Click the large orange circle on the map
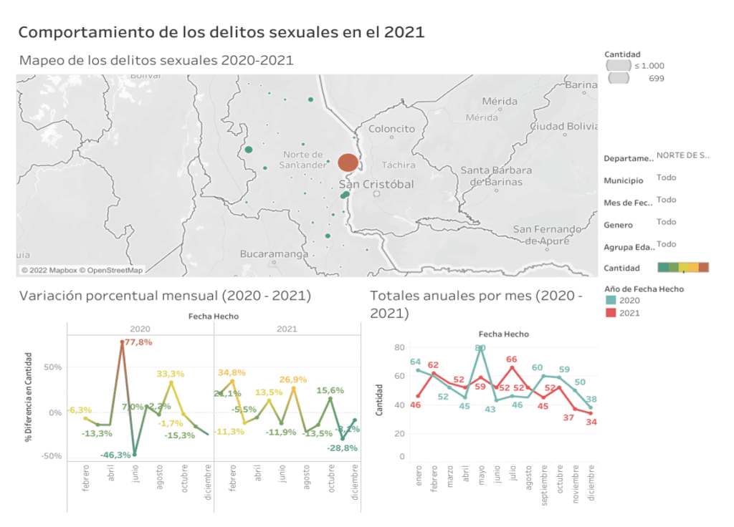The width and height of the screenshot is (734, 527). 348,163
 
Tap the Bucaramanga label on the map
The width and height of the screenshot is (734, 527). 274,254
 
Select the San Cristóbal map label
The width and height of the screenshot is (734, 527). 376,184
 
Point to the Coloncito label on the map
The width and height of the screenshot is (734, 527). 391,129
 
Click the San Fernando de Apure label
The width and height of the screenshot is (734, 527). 547,235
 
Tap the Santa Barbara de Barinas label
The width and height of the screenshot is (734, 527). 496,175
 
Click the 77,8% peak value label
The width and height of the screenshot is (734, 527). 139,342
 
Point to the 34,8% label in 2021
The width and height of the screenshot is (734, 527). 231,373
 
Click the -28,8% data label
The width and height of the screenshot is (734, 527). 333,448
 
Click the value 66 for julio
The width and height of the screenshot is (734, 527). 512,359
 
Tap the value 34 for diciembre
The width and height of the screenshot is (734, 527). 591,422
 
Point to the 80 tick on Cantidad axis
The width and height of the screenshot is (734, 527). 400,347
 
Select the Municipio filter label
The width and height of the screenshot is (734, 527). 623,181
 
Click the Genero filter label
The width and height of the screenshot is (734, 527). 618,225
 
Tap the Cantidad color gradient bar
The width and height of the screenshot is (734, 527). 682,268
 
